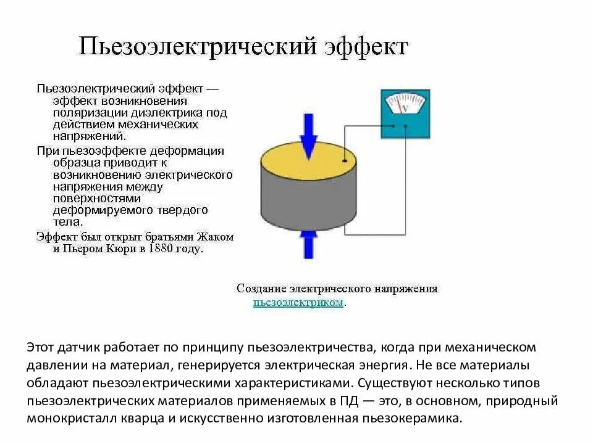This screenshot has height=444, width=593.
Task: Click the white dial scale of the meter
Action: coord(405,102)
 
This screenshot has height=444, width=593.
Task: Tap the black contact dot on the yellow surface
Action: coord(344,161)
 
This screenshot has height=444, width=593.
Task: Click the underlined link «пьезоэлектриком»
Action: coord(298,302)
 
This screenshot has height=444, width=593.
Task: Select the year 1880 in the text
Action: coord(162,249)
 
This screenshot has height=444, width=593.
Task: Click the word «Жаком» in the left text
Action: coord(215,237)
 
